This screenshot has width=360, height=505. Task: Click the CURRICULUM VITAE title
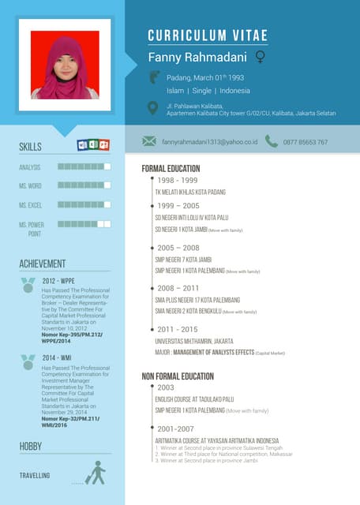coord(208,36)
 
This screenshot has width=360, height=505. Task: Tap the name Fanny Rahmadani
coord(197,58)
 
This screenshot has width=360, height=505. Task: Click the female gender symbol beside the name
coord(260,58)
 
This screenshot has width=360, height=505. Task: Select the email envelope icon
coord(148,141)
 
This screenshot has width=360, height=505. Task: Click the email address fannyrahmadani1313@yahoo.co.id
coord(210,142)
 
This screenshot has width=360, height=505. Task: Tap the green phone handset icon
coord(271,141)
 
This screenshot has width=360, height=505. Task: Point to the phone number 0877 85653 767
coord(306,142)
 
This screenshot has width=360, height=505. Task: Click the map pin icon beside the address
coord(153,107)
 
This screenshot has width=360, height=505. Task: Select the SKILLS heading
coord(31,148)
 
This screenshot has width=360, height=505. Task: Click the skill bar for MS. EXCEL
coord(84,204)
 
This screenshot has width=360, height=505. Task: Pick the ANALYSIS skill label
coord(30,167)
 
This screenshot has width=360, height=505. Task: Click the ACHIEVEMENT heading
coord(43,264)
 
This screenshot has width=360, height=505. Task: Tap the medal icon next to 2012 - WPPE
coord(28,283)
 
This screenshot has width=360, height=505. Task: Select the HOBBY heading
coord(31,447)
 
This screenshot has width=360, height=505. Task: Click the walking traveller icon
coord(96,473)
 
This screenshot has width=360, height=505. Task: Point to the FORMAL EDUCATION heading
coord(171,169)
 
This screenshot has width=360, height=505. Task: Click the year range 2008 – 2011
coord(178,288)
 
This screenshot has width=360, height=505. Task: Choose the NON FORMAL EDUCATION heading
coord(178,376)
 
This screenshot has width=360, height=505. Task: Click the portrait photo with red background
coord(65,65)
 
